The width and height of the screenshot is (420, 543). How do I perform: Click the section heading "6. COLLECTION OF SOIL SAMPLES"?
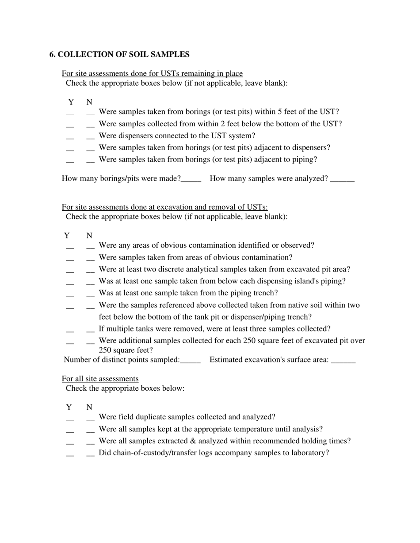pos(119,54)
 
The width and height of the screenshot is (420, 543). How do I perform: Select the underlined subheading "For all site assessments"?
pos(100,379)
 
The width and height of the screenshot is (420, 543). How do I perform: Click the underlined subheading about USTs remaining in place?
pos(152,73)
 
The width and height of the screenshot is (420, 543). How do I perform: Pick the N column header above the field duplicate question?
pos(89,407)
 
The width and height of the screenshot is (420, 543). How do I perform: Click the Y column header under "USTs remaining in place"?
pos(71,102)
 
